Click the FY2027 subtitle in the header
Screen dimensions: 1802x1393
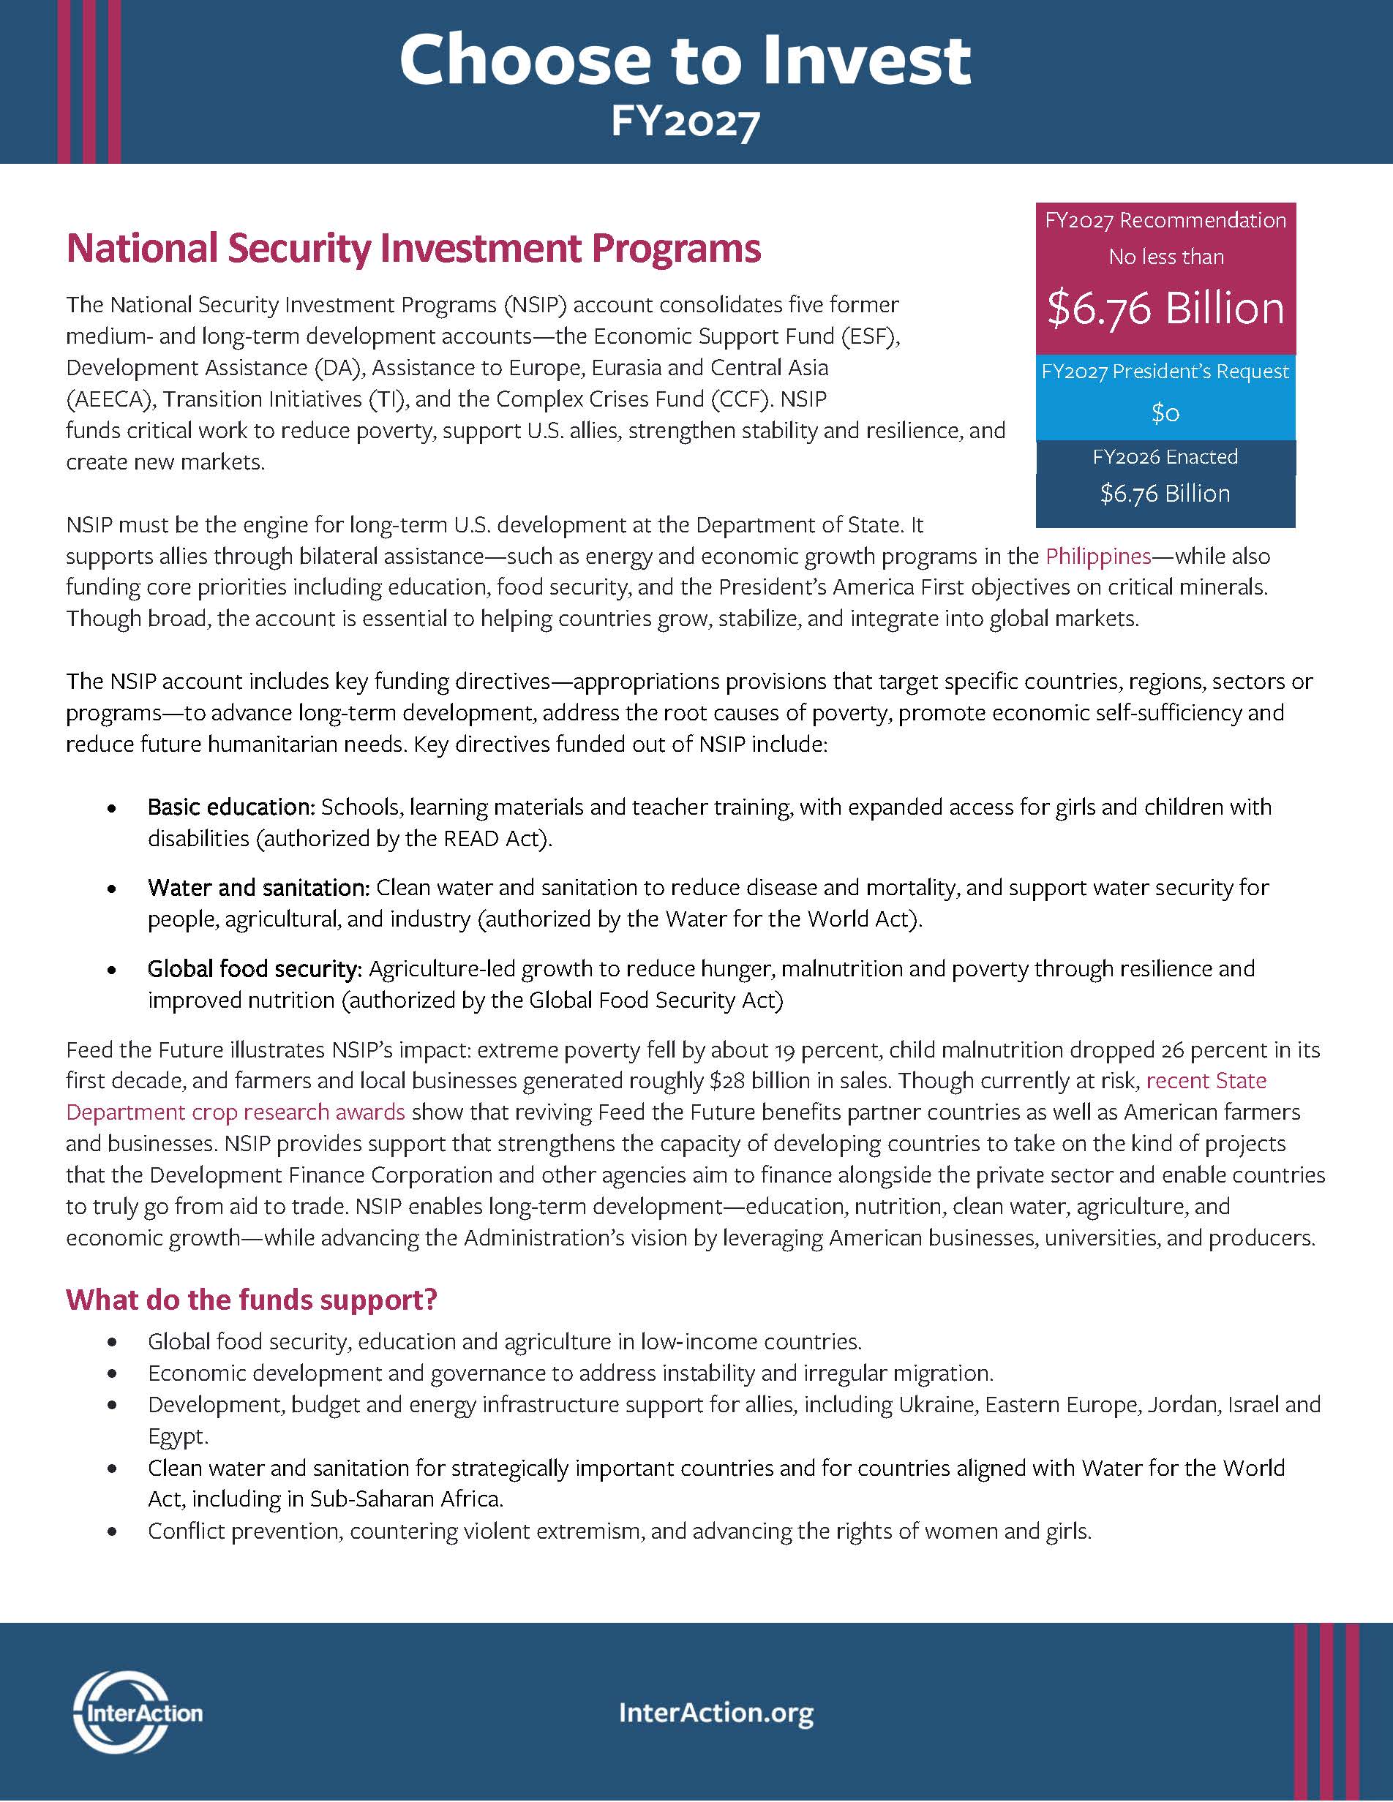click(x=685, y=121)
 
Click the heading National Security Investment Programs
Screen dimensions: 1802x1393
click(x=413, y=249)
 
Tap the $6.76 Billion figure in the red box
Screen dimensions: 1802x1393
click(x=1165, y=309)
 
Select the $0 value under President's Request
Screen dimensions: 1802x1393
click(x=1165, y=412)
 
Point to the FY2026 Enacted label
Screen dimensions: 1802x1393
click(x=1165, y=457)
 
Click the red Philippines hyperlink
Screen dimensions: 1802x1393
click(x=1097, y=556)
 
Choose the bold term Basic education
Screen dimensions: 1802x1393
click(x=231, y=807)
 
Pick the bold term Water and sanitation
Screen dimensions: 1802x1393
click(x=258, y=888)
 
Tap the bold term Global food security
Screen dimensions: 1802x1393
click(x=254, y=969)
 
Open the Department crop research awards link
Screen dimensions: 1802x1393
click(x=235, y=1112)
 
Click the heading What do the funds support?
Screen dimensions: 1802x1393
click(x=251, y=1300)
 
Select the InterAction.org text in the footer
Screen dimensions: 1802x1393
click(x=716, y=1712)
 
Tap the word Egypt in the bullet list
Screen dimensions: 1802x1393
click(x=178, y=1436)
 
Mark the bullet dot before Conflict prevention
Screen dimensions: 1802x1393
click(x=111, y=1532)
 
